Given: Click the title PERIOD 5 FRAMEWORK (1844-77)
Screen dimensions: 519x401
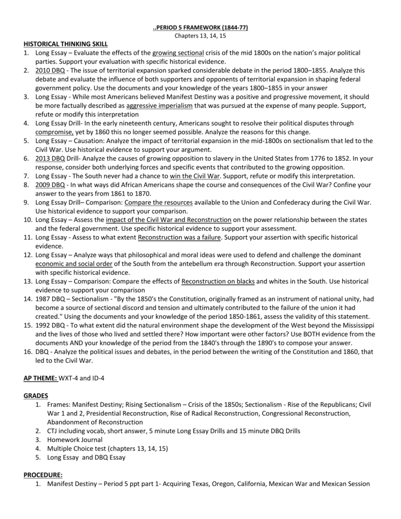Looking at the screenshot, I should [x=201, y=27].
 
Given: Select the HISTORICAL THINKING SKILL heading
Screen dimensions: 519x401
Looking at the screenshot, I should [x=66, y=44].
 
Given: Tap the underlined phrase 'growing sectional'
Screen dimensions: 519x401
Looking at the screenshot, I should [x=178, y=53].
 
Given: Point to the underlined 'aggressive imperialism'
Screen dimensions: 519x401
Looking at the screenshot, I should [x=160, y=105].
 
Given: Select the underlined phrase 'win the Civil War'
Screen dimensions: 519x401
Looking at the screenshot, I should [x=195, y=176].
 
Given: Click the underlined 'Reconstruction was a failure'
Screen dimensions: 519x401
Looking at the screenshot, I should [x=179, y=237].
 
